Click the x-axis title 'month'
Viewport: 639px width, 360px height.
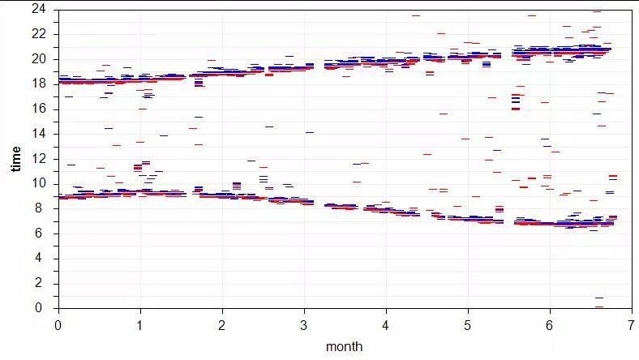(x=344, y=346)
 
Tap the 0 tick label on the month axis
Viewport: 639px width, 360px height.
(x=58, y=324)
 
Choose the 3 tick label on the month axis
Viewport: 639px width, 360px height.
(x=304, y=324)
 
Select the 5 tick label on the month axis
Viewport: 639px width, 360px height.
(x=468, y=324)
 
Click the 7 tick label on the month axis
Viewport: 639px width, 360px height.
(x=632, y=324)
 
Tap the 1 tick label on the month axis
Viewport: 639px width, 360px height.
(x=140, y=324)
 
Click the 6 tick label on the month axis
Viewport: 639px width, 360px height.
(x=550, y=324)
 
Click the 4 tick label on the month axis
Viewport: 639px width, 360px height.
(x=386, y=324)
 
